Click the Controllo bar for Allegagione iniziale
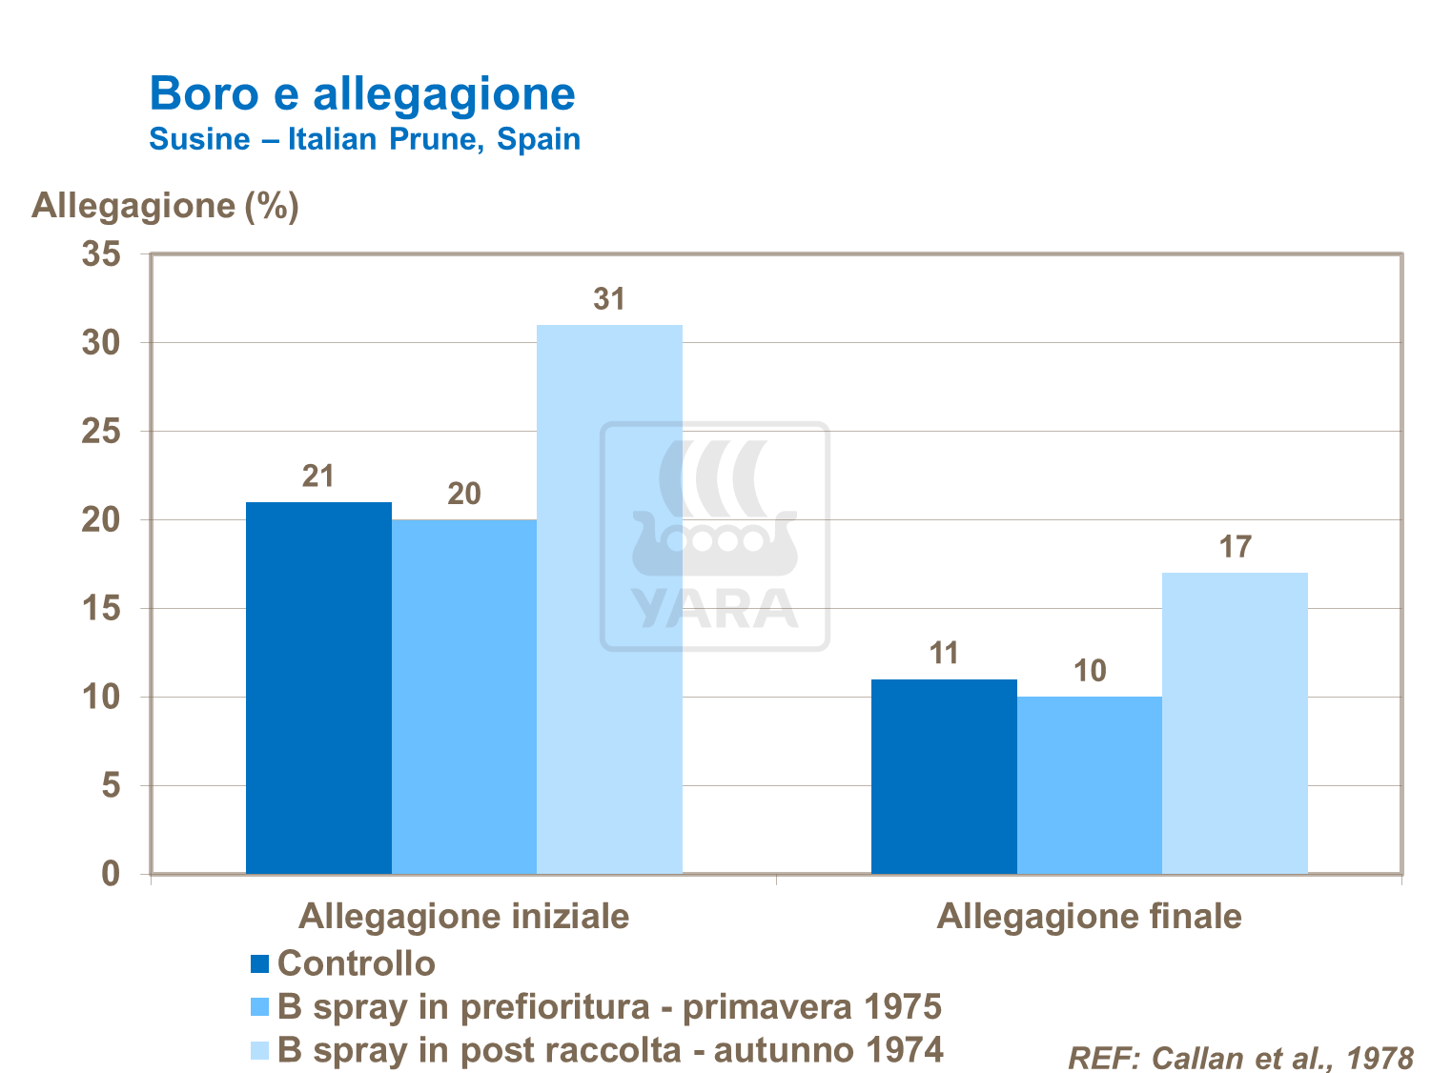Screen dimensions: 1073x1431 [x=318, y=687]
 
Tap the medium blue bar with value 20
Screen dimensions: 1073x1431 [x=464, y=696]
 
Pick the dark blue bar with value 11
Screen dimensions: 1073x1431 [x=944, y=776]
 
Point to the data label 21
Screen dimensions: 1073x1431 [x=318, y=476]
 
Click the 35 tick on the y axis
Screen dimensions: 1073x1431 [x=102, y=254]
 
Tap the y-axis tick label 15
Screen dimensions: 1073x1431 [x=102, y=608]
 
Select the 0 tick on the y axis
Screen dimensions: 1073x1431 [x=112, y=873]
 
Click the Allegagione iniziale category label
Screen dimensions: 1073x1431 [x=463, y=916]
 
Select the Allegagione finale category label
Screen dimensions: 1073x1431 [x=1089, y=916]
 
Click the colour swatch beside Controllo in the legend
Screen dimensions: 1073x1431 [x=260, y=964]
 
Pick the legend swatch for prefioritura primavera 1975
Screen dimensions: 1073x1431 [x=260, y=1007]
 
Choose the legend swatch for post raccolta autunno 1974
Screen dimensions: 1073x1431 [x=260, y=1050]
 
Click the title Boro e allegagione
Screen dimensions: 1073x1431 [x=362, y=93]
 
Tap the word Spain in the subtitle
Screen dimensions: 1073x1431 [x=539, y=139]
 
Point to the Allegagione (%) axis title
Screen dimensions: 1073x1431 [x=165, y=205]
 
